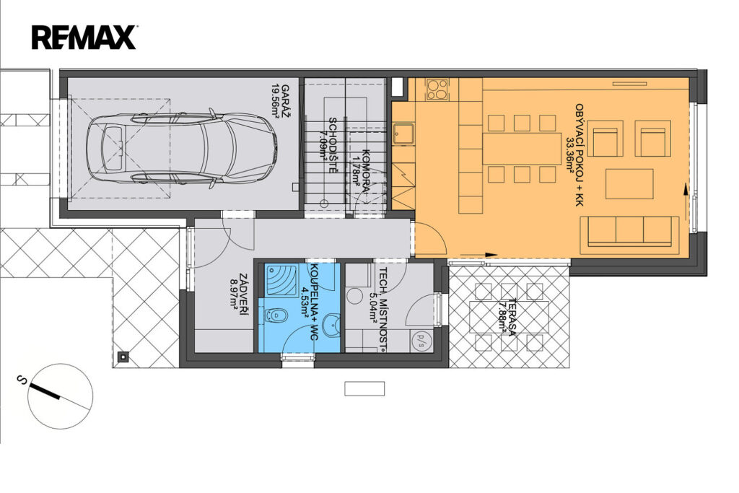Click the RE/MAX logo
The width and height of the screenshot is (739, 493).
point(84,38)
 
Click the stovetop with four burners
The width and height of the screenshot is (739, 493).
point(437,90)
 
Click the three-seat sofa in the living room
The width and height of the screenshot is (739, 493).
point(629,232)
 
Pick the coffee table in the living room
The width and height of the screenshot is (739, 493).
point(629,184)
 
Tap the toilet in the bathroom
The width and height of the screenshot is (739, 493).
point(276,315)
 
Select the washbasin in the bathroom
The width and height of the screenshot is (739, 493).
point(333,325)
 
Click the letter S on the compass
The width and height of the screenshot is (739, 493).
point(21,380)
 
